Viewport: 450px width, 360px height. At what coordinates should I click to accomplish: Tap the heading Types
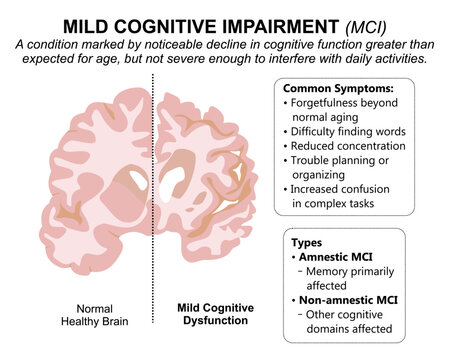[x=306, y=242]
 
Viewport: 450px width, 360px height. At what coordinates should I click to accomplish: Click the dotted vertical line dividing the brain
[x=152, y=200]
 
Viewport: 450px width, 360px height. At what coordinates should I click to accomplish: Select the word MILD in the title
[x=91, y=23]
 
